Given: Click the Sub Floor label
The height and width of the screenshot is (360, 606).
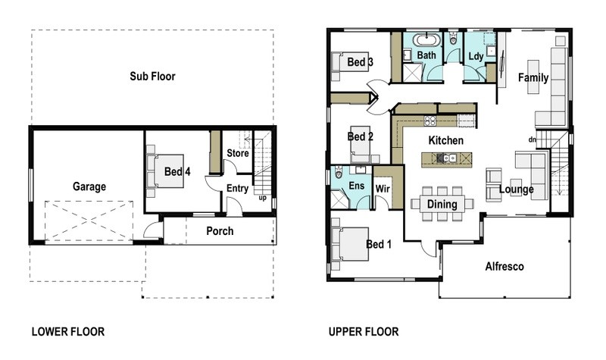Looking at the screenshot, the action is [152, 77].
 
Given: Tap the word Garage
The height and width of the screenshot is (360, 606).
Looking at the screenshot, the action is [89, 186].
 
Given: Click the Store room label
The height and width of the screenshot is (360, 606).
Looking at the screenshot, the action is [238, 153].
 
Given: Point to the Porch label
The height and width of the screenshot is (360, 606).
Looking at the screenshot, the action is [220, 231].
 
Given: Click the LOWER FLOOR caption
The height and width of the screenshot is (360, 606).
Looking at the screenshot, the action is [68, 331].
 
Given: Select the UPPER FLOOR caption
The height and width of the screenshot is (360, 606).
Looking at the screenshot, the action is [364, 331].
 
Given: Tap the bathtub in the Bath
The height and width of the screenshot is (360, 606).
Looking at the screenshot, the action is [426, 40].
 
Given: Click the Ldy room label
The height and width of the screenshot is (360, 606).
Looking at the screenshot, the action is [476, 56].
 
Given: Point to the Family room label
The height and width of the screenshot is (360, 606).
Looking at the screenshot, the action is [533, 77].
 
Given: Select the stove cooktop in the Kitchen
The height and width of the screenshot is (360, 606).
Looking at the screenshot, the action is [430, 121].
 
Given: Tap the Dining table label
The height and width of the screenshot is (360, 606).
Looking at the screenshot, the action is [442, 204].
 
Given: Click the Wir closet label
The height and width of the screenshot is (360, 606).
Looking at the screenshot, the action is [383, 189].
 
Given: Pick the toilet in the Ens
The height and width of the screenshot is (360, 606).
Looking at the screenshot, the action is [339, 173].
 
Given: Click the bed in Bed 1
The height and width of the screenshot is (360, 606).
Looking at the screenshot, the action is [350, 244].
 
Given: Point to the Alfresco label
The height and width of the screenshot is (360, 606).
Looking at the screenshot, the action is [504, 267].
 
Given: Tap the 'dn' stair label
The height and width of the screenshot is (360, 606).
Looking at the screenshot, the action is [533, 139].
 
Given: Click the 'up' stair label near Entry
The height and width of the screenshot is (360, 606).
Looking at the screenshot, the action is [262, 198].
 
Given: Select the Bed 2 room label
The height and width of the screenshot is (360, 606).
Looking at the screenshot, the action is [361, 136].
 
